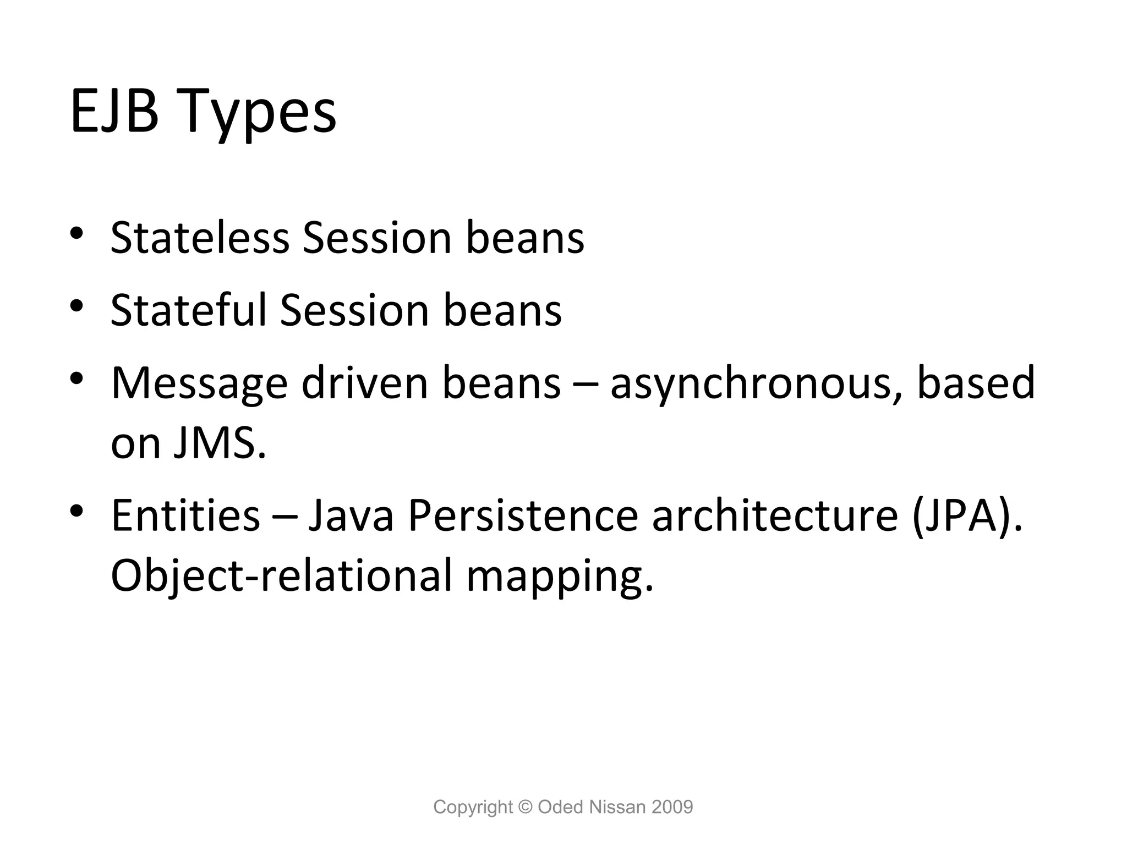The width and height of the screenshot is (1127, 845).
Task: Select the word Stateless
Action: [x=200, y=238]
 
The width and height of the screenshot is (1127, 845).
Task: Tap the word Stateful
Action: [x=188, y=310]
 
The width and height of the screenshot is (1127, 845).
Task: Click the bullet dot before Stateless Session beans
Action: [x=76, y=233]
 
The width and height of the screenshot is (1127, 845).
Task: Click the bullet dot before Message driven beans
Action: [x=76, y=378]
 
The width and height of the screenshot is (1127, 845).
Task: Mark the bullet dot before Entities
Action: [x=76, y=510]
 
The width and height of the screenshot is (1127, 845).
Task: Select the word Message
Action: [x=199, y=384]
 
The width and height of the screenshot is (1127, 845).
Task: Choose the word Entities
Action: [x=185, y=515]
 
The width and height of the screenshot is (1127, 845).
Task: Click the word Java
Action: [x=351, y=515]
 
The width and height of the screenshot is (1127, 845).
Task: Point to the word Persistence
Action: [x=523, y=515]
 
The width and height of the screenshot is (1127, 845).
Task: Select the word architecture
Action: [x=775, y=515]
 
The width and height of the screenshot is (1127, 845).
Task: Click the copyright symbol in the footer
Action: [x=526, y=807]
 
